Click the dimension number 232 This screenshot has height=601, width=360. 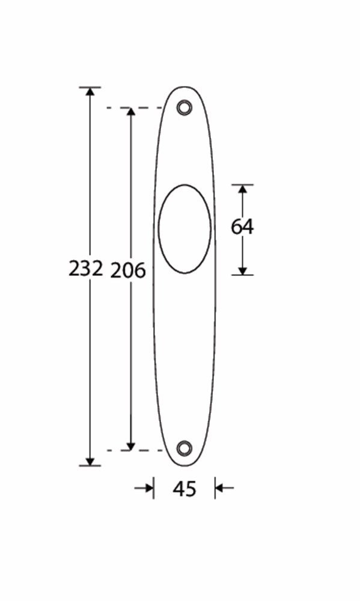pyautogui.click(x=85, y=269)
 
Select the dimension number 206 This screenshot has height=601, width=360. pyautogui.click(x=128, y=271)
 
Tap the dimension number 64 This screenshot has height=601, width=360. pyautogui.click(x=242, y=227)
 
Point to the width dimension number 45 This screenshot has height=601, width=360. pyautogui.click(x=185, y=489)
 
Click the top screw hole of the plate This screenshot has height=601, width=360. pyautogui.click(x=184, y=108)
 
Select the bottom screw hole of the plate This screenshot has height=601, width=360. pyautogui.click(x=184, y=448)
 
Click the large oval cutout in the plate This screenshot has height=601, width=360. pyautogui.click(x=185, y=229)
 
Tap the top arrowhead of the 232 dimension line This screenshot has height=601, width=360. pyautogui.click(x=90, y=92)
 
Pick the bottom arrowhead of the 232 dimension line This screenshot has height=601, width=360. pyautogui.click(x=90, y=460)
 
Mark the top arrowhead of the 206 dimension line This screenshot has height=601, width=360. pyautogui.click(x=130, y=112)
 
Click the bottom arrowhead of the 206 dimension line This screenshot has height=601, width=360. pyautogui.click(x=130, y=445)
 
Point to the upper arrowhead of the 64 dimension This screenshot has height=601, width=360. pyautogui.click(x=242, y=189)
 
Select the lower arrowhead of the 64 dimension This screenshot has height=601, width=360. pyautogui.click(x=242, y=270)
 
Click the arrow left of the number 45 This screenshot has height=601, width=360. pyautogui.click(x=146, y=488)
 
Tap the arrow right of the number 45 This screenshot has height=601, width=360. pyautogui.click(x=222, y=488)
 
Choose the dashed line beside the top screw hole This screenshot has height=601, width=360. pyautogui.click(x=135, y=108)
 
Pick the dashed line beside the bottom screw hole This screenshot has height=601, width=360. pyautogui.click(x=135, y=450)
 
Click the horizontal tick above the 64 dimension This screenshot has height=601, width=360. pyautogui.click(x=242, y=185)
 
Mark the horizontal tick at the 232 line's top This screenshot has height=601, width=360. pyautogui.click(x=90, y=87)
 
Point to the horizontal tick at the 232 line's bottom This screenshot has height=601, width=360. pyautogui.click(x=90, y=465)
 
